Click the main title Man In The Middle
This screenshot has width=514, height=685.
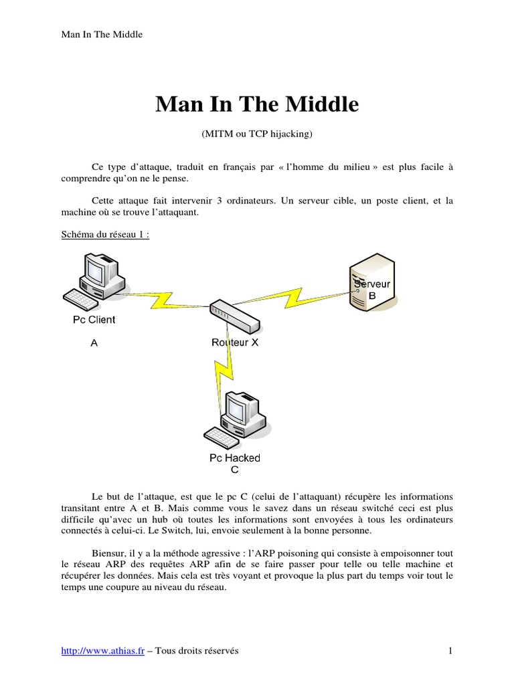257,105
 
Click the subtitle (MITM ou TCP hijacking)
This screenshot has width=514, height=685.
257,134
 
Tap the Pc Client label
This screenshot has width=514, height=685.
94,320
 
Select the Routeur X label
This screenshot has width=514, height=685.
235,342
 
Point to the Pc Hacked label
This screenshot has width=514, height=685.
234,458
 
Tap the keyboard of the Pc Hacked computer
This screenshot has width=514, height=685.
224,437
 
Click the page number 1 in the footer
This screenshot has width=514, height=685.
450,651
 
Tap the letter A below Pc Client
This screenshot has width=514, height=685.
94,343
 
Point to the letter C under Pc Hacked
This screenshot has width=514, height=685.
234,470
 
